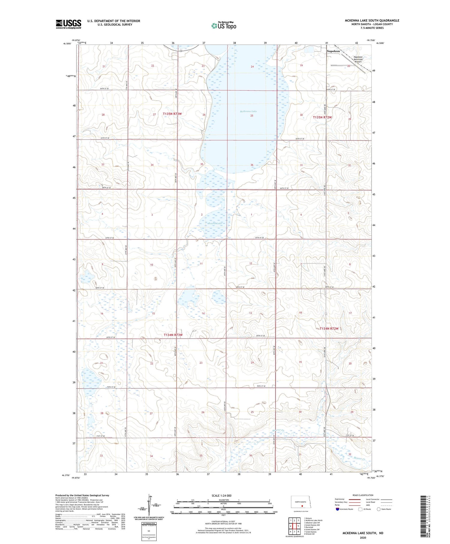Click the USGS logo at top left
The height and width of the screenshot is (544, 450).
[x=68, y=24]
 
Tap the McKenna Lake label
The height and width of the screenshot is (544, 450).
[x=248, y=111]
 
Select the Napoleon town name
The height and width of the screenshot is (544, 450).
[x=333, y=51]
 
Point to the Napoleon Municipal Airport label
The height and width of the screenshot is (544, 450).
[x=358, y=59]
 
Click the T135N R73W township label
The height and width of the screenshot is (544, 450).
[x=172, y=114]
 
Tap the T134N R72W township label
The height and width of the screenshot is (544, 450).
[x=329, y=329]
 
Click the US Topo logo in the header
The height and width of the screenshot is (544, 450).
[x=223, y=26]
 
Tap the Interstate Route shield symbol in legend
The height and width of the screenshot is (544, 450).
[x=338, y=509]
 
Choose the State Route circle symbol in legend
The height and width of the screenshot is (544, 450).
[x=379, y=509]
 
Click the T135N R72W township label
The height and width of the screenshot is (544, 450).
[x=322, y=117]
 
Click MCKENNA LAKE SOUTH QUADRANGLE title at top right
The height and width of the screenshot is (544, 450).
[x=372, y=20]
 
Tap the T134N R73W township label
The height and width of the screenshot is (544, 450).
[x=173, y=335]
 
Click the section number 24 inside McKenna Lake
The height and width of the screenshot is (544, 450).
[x=252, y=67]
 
